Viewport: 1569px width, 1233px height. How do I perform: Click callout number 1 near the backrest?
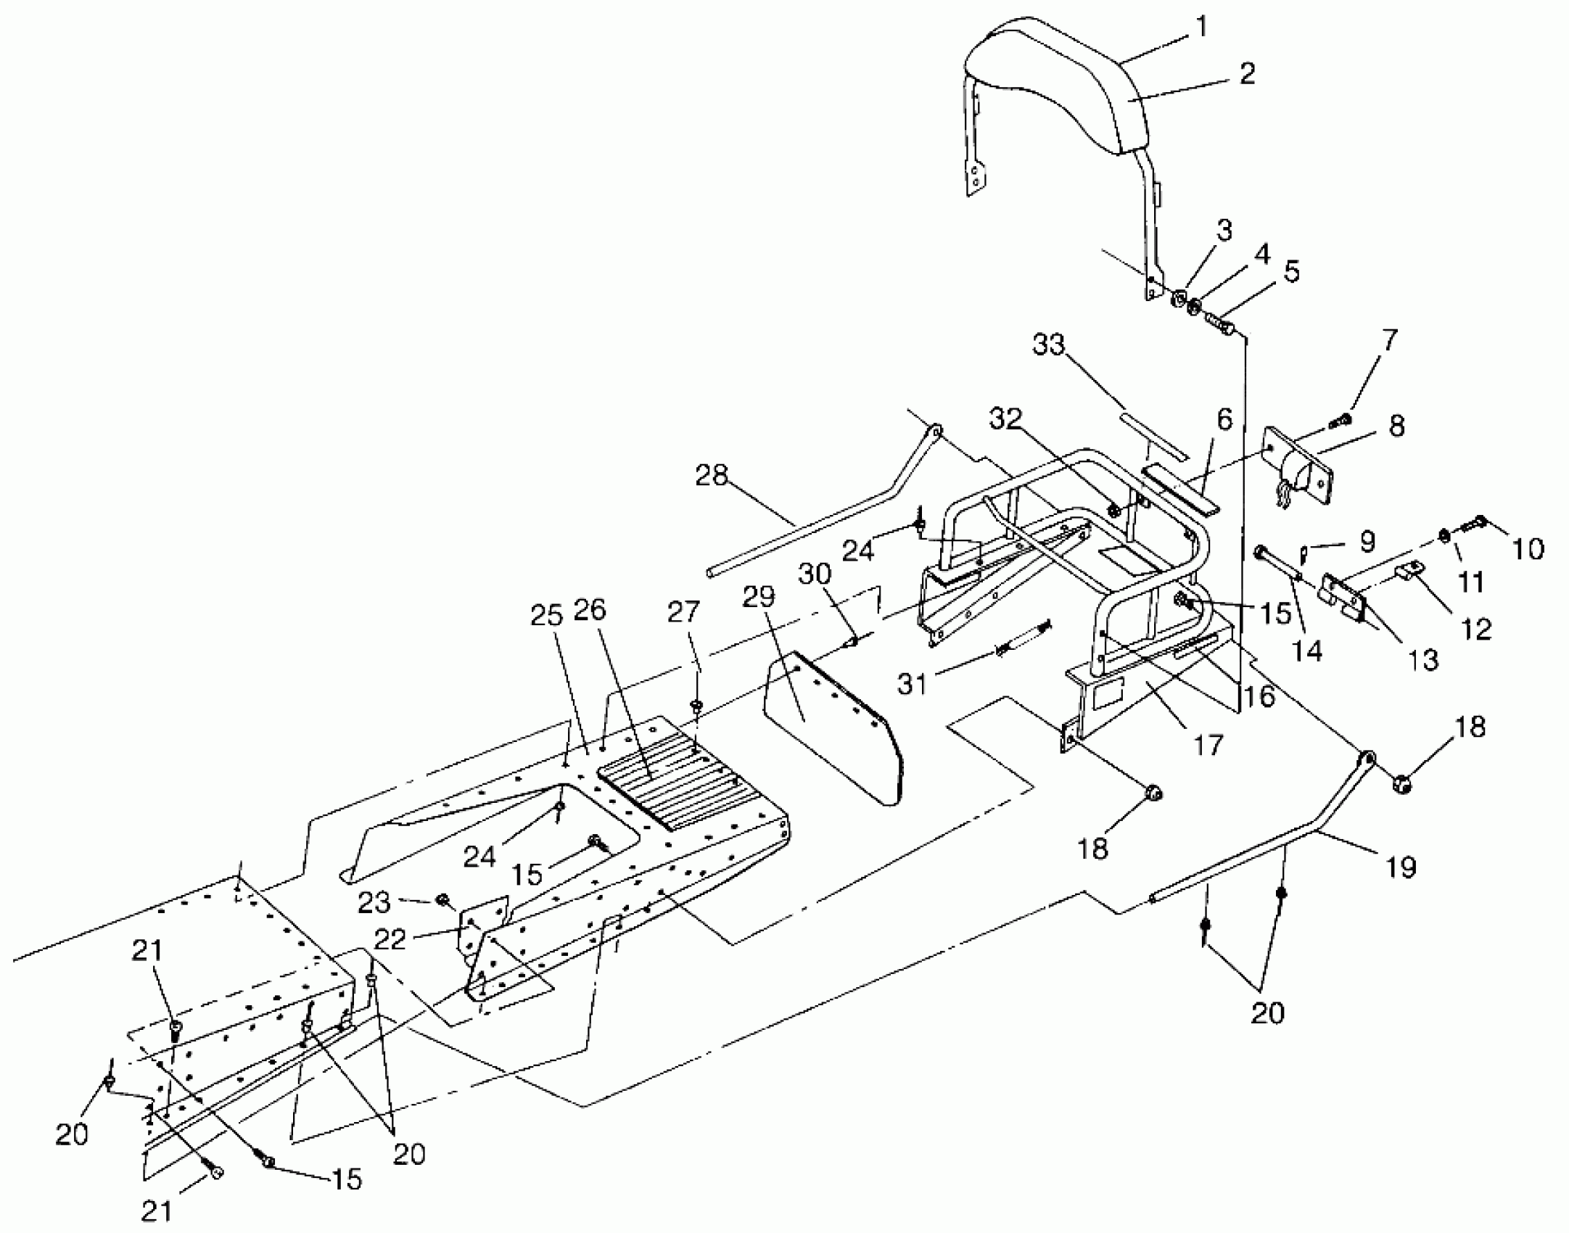click(1201, 27)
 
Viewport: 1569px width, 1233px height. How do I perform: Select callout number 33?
click(1048, 345)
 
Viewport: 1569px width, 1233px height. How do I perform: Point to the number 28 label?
click(712, 477)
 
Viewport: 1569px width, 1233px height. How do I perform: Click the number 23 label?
click(374, 903)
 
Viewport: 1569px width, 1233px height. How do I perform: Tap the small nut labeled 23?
click(440, 900)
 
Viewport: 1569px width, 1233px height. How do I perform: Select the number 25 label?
click(546, 616)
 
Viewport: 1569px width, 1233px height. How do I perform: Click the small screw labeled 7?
click(1341, 420)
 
